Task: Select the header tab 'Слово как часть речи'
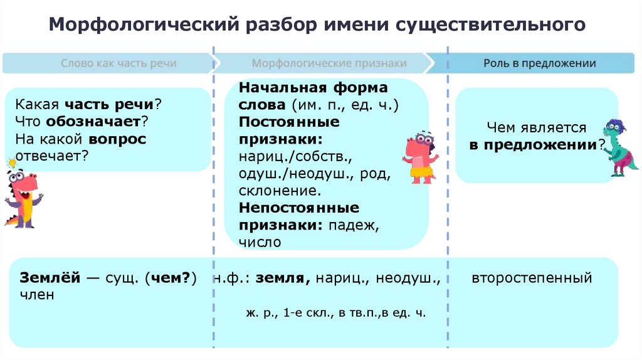(118, 63)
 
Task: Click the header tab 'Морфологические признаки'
(329, 63)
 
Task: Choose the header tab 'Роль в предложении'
(539, 63)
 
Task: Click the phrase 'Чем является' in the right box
(536, 128)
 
